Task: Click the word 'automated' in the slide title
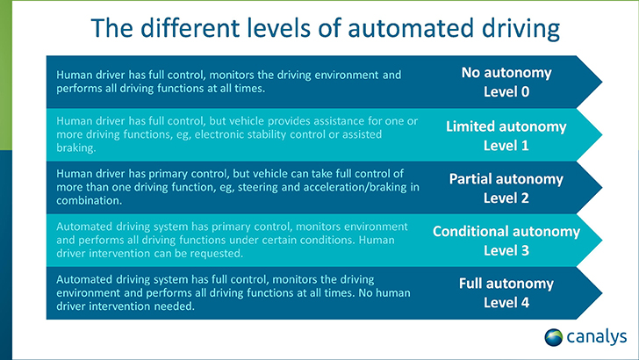coord(411,28)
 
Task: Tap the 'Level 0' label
coord(506,91)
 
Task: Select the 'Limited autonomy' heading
coord(506,126)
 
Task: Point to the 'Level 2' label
coord(506,198)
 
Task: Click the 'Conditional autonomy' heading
coord(506,231)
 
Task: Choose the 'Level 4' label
coord(506,303)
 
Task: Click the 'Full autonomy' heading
coord(506,284)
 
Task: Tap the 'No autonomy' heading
coord(506,73)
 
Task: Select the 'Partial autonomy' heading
coord(506,179)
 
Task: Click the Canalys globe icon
coord(553,337)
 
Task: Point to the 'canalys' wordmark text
coord(597,337)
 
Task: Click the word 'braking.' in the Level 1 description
coord(76,148)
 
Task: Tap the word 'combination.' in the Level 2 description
coord(90,200)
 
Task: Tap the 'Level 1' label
coord(506,146)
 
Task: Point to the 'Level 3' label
coord(506,250)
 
